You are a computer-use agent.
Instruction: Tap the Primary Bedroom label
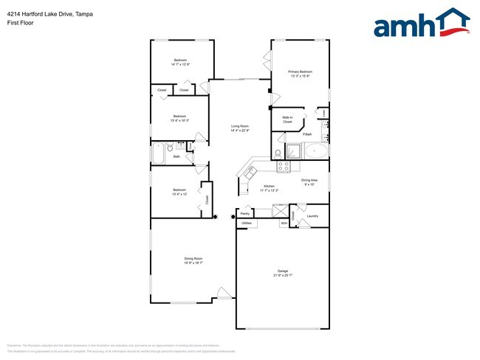[300, 72]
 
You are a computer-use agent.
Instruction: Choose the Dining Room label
[193, 258]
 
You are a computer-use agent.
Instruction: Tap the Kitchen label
[270, 186]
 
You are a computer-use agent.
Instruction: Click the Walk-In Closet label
[287, 120]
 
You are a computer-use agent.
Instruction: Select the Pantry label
[245, 214]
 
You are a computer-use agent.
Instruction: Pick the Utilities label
[247, 222]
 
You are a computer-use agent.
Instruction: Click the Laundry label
[312, 216]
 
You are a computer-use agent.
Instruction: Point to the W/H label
[284, 222]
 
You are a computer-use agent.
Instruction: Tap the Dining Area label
[309, 180]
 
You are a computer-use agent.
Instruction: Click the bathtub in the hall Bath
[159, 154]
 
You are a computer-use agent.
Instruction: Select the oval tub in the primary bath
[318, 152]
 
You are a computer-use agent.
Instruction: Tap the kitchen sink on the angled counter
[250, 172]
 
